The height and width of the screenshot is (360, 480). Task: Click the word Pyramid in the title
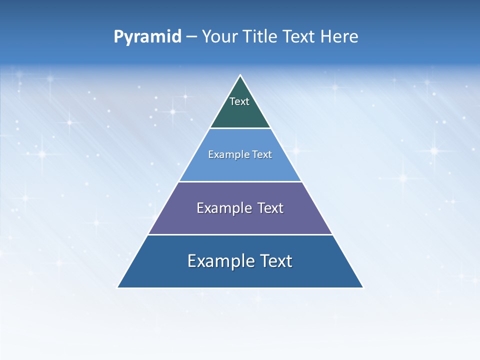click(x=147, y=37)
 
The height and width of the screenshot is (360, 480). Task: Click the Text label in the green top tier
click(x=239, y=101)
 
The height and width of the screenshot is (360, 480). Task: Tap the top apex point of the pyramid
click(x=240, y=75)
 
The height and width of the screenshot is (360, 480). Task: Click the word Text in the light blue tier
click(x=260, y=154)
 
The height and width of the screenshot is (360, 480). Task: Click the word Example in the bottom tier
click(x=217, y=261)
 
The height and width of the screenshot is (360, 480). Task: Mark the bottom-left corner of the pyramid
click(x=117, y=287)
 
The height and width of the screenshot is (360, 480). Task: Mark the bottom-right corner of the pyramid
click(x=363, y=287)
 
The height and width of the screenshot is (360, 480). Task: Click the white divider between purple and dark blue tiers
click(x=240, y=234)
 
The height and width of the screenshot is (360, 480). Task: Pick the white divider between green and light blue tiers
click(x=240, y=128)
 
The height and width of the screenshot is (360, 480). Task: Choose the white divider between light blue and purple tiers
click(x=240, y=181)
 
